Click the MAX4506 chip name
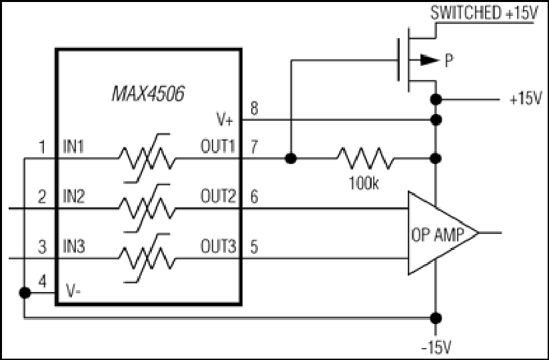pyautogui.click(x=148, y=93)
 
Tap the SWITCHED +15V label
pyautogui.click(x=484, y=13)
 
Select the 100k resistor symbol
pyautogui.click(x=365, y=158)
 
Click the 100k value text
pyautogui.click(x=363, y=183)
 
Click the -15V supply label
pyautogui.click(x=436, y=348)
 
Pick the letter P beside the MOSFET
pyautogui.click(x=449, y=61)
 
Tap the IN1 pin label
pyautogui.click(x=73, y=147)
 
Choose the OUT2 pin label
pyautogui.click(x=218, y=196)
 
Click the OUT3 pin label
pyautogui.click(x=218, y=246)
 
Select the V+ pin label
pyautogui.click(x=225, y=120)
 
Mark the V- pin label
pyautogui.click(x=73, y=291)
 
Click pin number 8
pyautogui.click(x=255, y=108)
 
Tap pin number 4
pyautogui.click(x=42, y=281)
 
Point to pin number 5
pyautogui.click(x=255, y=247)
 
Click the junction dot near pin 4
pyautogui.click(x=25, y=293)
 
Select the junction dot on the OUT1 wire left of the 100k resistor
pyautogui.click(x=290, y=159)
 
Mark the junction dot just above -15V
pyautogui.click(x=436, y=318)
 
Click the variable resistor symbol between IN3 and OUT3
pyautogui.click(x=147, y=258)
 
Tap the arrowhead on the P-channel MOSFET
pyautogui.click(x=429, y=60)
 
